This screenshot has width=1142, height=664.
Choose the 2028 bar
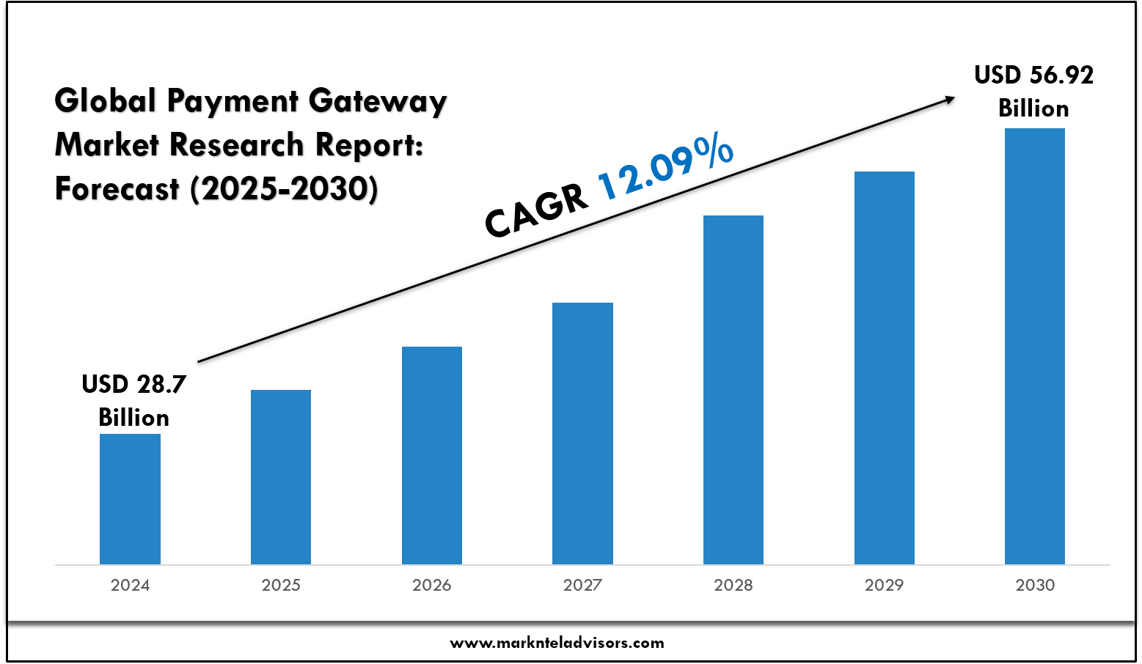pyautogui.click(x=733, y=389)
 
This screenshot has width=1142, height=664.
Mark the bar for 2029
pyautogui.click(x=884, y=367)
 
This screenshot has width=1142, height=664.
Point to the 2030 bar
pyautogui.click(x=1035, y=346)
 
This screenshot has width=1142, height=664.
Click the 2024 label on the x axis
pyautogui.click(x=130, y=585)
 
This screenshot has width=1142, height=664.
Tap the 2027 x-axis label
pyautogui.click(x=582, y=585)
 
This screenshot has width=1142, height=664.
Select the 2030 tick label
pyautogui.click(x=1035, y=585)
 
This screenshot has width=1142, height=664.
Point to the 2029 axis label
pyautogui.click(x=884, y=585)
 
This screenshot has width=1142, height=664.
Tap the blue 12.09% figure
pyautogui.click(x=665, y=168)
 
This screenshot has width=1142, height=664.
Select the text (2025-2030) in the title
pyautogui.click(x=284, y=189)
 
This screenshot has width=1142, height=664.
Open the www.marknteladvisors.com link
pyautogui.click(x=557, y=643)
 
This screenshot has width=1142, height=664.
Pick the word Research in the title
pyautogui.click(x=236, y=145)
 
